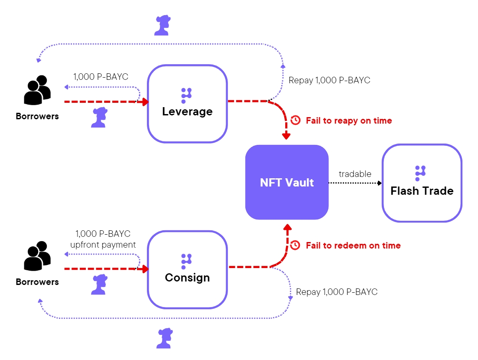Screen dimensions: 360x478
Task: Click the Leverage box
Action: pyautogui.click(x=187, y=104)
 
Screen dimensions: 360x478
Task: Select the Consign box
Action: pyautogui.click(x=187, y=270)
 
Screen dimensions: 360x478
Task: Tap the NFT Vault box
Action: pyautogui.click(x=287, y=182)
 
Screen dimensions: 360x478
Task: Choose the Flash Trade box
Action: pyautogui.click(x=422, y=183)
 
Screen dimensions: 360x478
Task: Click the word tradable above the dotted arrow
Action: pyautogui.click(x=355, y=174)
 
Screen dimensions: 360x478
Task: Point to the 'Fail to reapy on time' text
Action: pyautogui.click(x=349, y=121)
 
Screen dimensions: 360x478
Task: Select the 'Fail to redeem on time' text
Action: pyautogui.click(x=353, y=245)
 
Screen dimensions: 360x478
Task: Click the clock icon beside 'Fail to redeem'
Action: pyautogui.click(x=295, y=245)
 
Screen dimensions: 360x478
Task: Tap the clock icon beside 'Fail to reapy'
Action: pyautogui.click(x=296, y=120)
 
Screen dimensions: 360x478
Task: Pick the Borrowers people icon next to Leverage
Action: pyautogui.click(x=37, y=91)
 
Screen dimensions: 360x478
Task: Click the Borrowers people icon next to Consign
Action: pyautogui.click(x=37, y=256)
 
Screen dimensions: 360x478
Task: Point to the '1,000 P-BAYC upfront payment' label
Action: pyautogui.click(x=103, y=239)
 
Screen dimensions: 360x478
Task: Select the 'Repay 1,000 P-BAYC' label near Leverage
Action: pyautogui.click(x=329, y=80)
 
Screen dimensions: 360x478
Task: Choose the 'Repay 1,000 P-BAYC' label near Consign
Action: pyautogui.click(x=337, y=292)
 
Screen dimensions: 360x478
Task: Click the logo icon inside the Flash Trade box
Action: pyautogui.click(x=419, y=173)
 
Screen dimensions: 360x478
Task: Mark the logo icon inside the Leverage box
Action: pyautogui.click(x=186, y=95)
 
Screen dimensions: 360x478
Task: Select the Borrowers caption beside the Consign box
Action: pyautogui.click(x=37, y=282)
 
